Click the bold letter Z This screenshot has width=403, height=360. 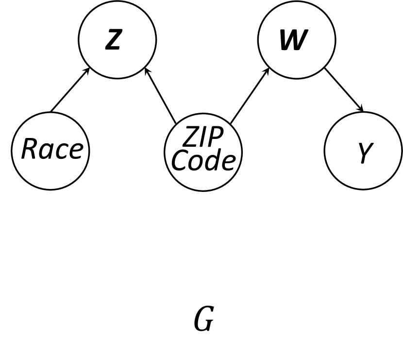(x=113, y=40)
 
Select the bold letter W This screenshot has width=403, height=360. (x=293, y=40)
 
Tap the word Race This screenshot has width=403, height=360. (x=51, y=149)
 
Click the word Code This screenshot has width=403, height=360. (x=203, y=161)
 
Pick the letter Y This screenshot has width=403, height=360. (x=364, y=153)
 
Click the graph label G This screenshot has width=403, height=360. (x=203, y=320)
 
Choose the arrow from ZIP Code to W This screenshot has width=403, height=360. (x=250, y=96)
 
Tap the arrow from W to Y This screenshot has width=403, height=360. (x=344, y=90)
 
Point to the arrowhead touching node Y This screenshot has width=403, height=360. (x=361, y=109)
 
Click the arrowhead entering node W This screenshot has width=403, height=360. (x=267, y=70)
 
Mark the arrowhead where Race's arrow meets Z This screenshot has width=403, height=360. (x=88, y=70)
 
